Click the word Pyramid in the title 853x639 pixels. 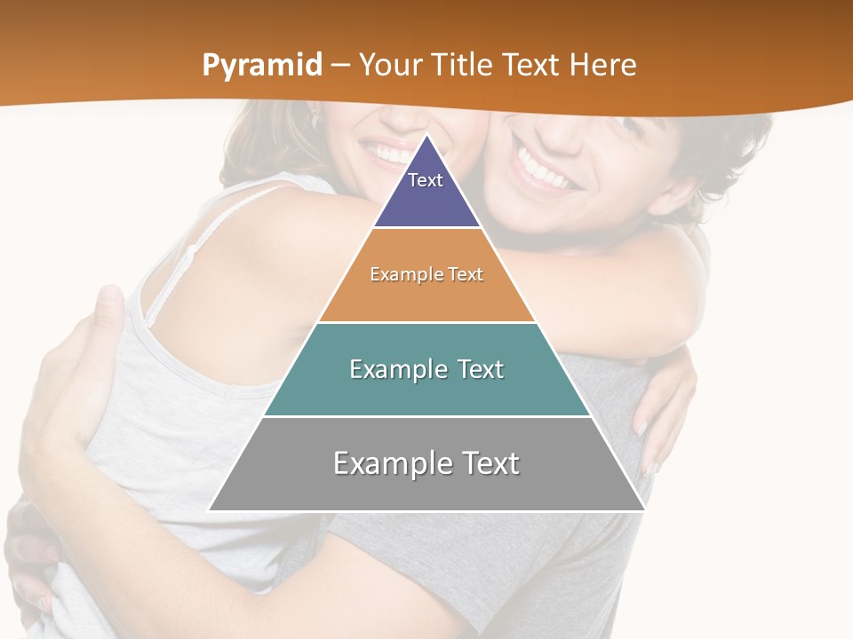[261, 66]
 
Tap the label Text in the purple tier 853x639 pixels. [426, 180]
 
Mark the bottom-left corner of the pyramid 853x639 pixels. [209, 510]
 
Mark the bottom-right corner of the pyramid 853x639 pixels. [645, 510]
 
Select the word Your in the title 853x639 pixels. [390, 66]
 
